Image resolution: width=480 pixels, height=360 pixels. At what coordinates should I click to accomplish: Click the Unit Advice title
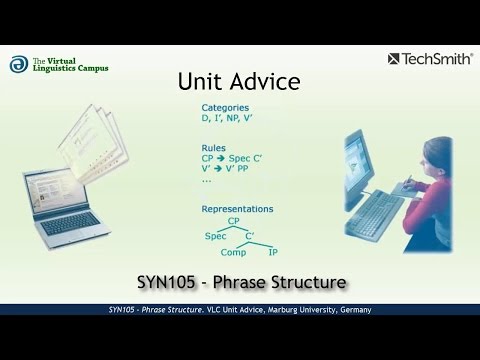coord(238,81)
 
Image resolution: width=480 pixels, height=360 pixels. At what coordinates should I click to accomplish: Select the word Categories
coord(225,108)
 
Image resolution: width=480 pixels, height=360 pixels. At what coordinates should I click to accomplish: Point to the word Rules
coord(213,147)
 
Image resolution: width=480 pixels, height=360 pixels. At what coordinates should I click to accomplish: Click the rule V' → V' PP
coord(231,171)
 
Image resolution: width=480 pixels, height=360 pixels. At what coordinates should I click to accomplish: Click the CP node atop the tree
coord(233,222)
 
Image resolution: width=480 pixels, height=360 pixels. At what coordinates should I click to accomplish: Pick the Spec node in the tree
coord(215,236)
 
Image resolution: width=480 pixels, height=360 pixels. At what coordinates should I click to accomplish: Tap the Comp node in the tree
coord(235,253)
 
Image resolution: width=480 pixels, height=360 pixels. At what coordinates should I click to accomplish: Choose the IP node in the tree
coord(273,253)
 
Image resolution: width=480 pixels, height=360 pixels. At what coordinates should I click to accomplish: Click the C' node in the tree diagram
coord(251,236)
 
